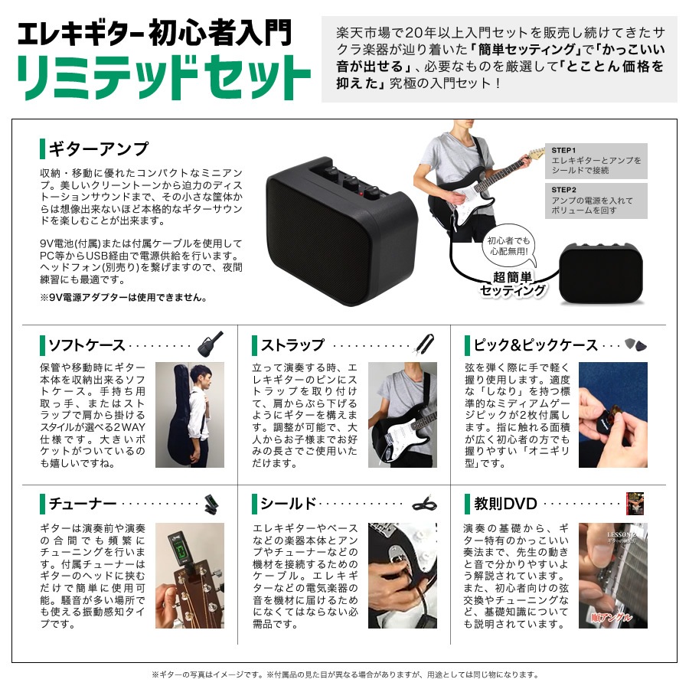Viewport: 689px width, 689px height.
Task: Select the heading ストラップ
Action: coord(292,345)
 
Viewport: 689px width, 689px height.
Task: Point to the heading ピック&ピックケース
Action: coord(535,345)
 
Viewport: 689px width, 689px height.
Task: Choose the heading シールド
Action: coord(288,504)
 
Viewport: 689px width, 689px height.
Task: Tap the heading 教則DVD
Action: coord(505,504)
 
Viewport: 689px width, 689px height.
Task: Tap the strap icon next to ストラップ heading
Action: coord(425,344)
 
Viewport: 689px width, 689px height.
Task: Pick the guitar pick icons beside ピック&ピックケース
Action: coord(635,344)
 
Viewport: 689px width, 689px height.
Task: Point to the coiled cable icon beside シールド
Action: coord(425,503)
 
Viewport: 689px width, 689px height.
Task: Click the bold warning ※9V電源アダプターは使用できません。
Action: coord(122,297)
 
